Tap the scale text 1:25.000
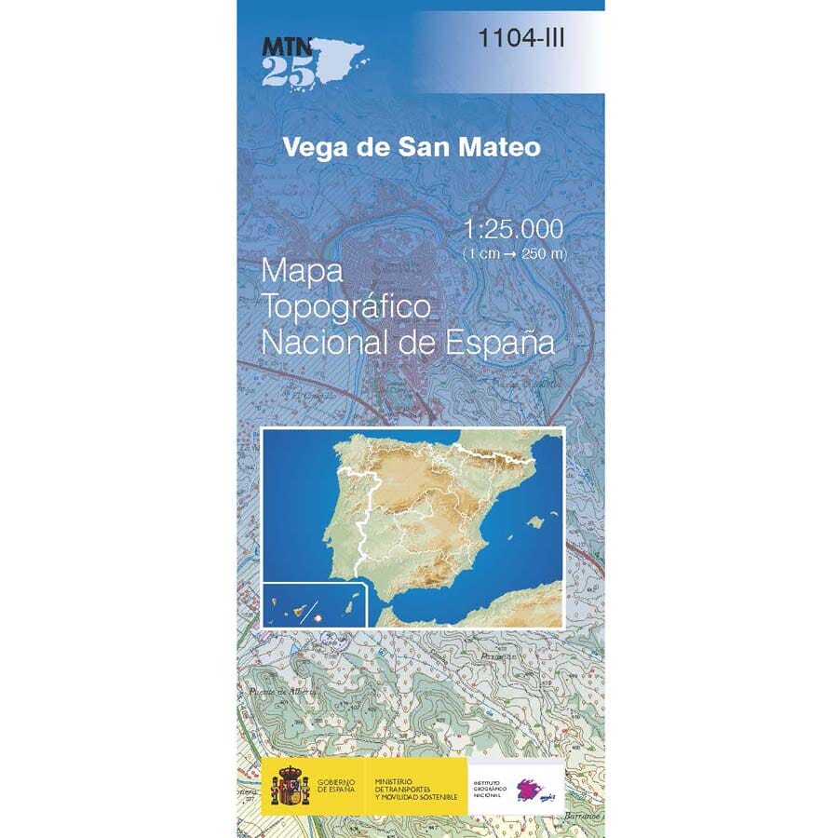click(x=513, y=228)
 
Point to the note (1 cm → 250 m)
click(x=514, y=253)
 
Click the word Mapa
click(x=304, y=271)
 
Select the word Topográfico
click(x=345, y=306)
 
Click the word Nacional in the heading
click(x=328, y=342)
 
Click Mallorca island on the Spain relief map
click(x=534, y=521)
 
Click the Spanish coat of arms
click(x=289, y=787)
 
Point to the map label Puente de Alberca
click(x=284, y=693)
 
